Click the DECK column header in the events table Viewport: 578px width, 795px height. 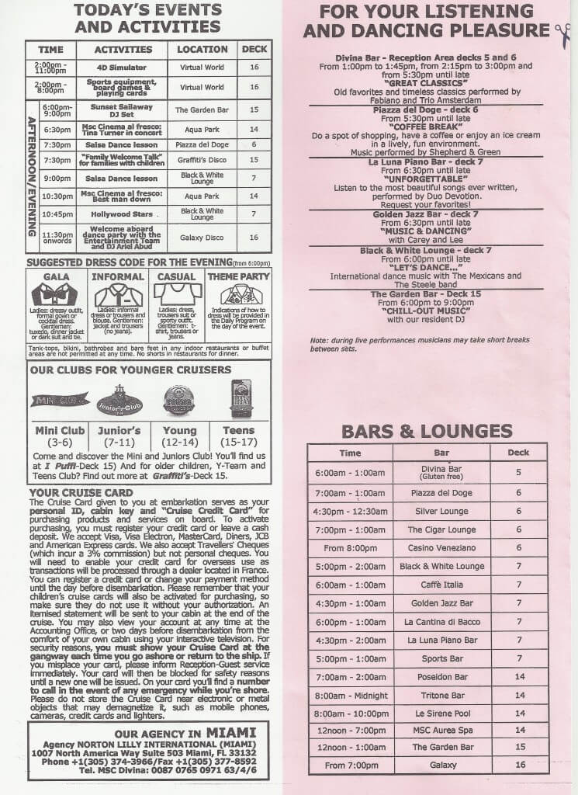click(x=254, y=49)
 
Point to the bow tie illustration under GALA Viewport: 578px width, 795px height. click(x=56, y=294)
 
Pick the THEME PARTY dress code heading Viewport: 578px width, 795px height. click(x=238, y=276)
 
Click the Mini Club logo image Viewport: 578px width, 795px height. click(x=60, y=401)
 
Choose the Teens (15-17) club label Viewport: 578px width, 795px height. click(x=237, y=436)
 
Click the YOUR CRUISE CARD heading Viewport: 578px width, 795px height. click(x=81, y=492)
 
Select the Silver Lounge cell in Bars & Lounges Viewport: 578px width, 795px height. click(x=441, y=511)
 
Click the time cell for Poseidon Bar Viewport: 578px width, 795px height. click(x=350, y=677)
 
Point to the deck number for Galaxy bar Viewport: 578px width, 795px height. click(x=520, y=765)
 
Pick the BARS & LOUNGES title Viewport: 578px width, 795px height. click(x=427, y=431)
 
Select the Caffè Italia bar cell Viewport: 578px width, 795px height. click(x=441, y=584)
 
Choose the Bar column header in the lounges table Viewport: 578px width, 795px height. click(x=441, y=452)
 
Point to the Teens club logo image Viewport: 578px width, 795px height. click(x=241, y=399)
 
